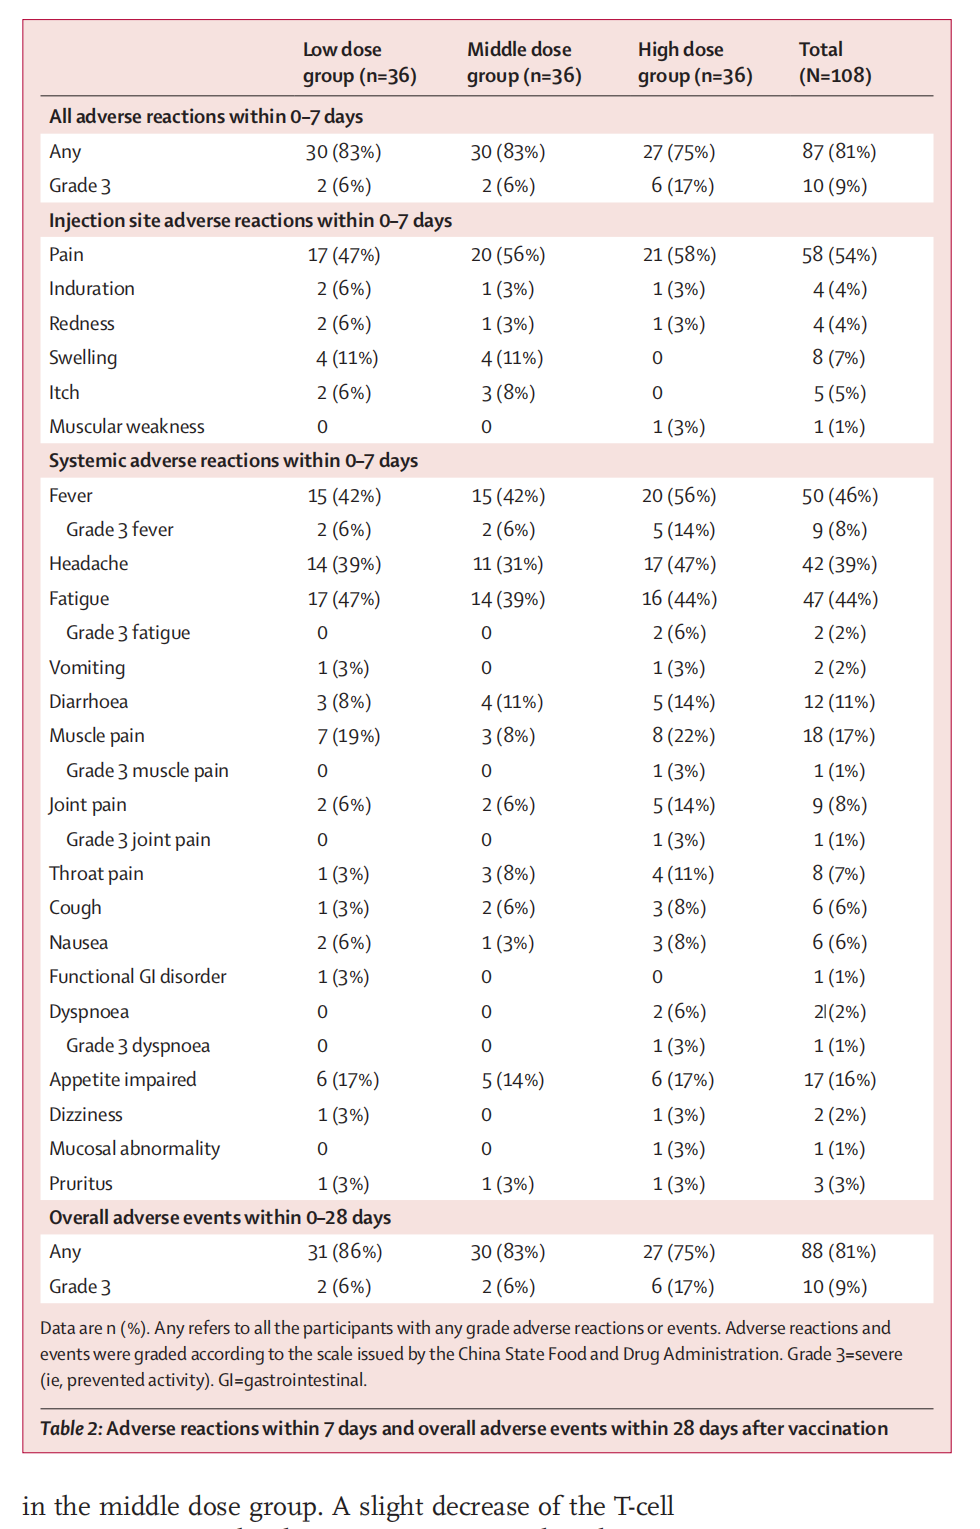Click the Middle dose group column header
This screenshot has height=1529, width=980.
(523, 62)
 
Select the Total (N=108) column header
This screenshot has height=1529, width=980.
(834, 62)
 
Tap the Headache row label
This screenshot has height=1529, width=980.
(88, 564)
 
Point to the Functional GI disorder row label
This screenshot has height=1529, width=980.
(137, 977)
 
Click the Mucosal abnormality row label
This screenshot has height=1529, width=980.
(134, 1149)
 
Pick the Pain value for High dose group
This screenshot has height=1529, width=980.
(679, 255)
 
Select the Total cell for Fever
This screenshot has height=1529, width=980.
(839, 496)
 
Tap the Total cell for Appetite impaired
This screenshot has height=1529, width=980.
(839, 1080)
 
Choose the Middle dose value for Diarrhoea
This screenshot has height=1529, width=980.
(511, 702)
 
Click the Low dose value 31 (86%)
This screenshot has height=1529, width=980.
(344, 1252)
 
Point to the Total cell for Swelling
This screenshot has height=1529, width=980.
(838, 358)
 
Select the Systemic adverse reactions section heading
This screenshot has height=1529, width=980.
(233, 461)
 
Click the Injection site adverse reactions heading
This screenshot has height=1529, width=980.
(250, 220)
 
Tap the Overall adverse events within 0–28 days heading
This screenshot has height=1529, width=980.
(220, 1218)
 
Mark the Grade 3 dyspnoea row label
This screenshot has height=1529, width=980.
(137, 1046)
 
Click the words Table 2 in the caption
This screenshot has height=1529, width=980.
(70, 1428)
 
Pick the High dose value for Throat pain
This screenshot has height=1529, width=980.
(682, 874)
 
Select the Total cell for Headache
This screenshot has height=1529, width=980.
(839, 564)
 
